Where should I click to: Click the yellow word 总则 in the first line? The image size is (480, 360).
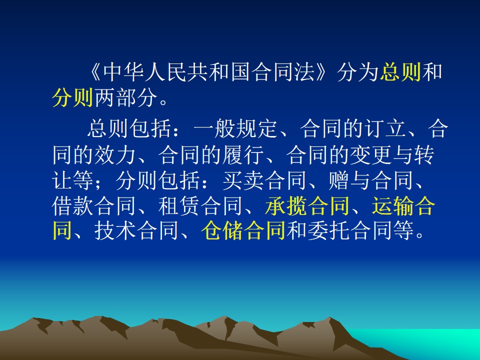coord(400,72)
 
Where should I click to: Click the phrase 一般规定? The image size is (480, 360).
coord(235,128)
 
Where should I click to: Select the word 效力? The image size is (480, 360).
coord(115,155)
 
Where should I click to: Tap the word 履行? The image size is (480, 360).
coord(243,155)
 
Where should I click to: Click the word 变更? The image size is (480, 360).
coord(371,155)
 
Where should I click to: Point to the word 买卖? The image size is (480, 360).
coord(243,180)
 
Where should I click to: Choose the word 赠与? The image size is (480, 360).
coord(349,180)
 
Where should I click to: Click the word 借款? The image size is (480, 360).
coord(72,206)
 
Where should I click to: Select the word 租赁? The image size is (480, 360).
coord(179,206)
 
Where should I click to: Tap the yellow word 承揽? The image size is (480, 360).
coord(286,206)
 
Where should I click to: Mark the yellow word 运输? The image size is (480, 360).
coord(393,206)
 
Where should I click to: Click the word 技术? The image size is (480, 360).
coord(115,230)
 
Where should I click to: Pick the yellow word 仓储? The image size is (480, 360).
coord(222,230)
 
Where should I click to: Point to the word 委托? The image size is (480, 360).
coord(328,230)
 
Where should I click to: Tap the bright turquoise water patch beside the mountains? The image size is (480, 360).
coord(428,343)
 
